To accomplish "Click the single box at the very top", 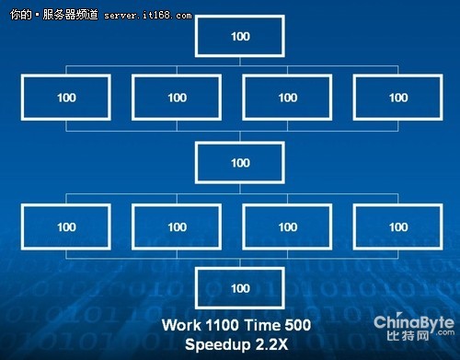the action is click(x=240, y=36).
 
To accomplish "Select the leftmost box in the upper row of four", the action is click(x=67, y=98).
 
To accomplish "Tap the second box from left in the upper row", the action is click(x=177, y=98).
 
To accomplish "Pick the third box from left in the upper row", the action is click(x=287, y=98).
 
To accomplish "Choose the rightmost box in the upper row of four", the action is click(x=397, y=98).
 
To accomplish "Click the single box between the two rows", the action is click(x=240, y=163).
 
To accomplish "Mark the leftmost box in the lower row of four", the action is click(x=67, y=226).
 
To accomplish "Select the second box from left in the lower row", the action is click(x=177, y=226).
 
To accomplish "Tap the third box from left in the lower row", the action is click(x=287, y=226).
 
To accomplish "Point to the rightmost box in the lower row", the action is click(x=397, y=226).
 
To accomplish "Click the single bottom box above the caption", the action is click(x=240, y=288).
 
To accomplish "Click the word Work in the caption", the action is click(x=180, y=324).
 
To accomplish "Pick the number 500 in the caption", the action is click(x=297, y=324).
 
